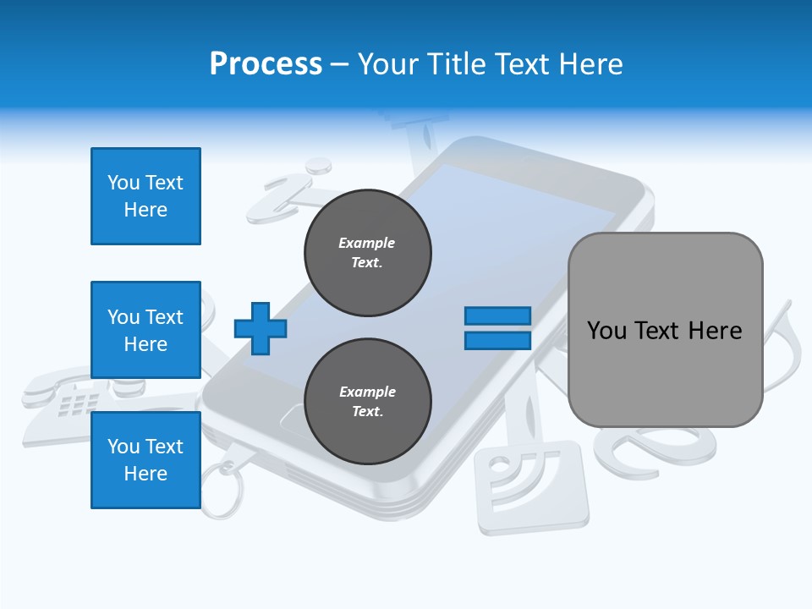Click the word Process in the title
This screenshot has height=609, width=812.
[266, 64]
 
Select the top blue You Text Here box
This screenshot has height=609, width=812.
[145, 196]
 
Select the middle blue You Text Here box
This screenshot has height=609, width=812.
[145, 330]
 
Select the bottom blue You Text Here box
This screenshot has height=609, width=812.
[145, 459]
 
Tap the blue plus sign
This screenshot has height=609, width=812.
[261, 328]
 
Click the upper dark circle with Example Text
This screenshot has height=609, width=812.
[367, 253]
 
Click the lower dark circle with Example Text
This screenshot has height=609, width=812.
[367, 402]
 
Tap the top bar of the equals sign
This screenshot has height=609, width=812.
[497, 315]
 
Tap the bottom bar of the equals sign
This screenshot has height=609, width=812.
[497, 340]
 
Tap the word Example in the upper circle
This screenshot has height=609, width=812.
[367, 243]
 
